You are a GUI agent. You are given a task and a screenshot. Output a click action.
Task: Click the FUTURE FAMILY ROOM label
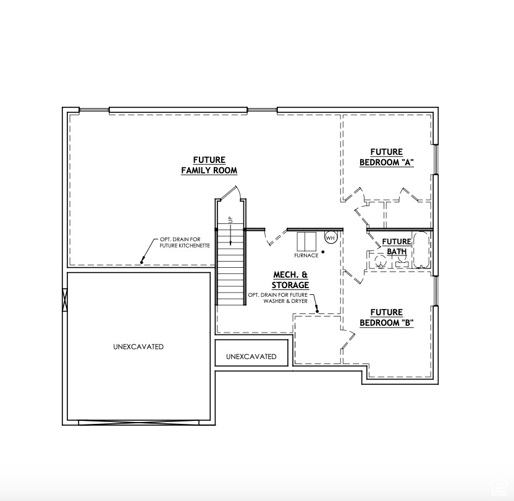coord(209,165)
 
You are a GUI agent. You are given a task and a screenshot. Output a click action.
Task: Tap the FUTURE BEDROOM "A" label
coord(386,157)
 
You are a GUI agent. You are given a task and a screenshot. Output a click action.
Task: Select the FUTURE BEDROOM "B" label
coord(386,318)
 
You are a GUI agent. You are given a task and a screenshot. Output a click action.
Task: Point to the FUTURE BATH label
coord(396,247)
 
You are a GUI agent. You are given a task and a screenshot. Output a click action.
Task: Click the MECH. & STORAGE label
coord(290,279)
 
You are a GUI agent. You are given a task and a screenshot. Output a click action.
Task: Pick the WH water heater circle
coord(330,238)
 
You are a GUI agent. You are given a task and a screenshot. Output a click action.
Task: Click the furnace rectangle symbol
coord(306,241)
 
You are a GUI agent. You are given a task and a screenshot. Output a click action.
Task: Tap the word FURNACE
coord(306,255)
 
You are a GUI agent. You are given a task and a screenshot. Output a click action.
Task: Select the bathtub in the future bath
coord(421,251)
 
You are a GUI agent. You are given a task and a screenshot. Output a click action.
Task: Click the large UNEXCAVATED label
coord(138,347)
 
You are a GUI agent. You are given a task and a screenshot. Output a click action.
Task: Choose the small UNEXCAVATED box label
coord(251,357)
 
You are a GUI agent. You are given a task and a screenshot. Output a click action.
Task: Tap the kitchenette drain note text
coord(185,242)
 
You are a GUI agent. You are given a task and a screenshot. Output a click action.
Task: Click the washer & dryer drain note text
coord(277,298)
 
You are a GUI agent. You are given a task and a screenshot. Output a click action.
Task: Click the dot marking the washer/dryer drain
coord(318,312)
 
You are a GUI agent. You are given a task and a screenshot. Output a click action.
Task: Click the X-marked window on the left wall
coord(65,300)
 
